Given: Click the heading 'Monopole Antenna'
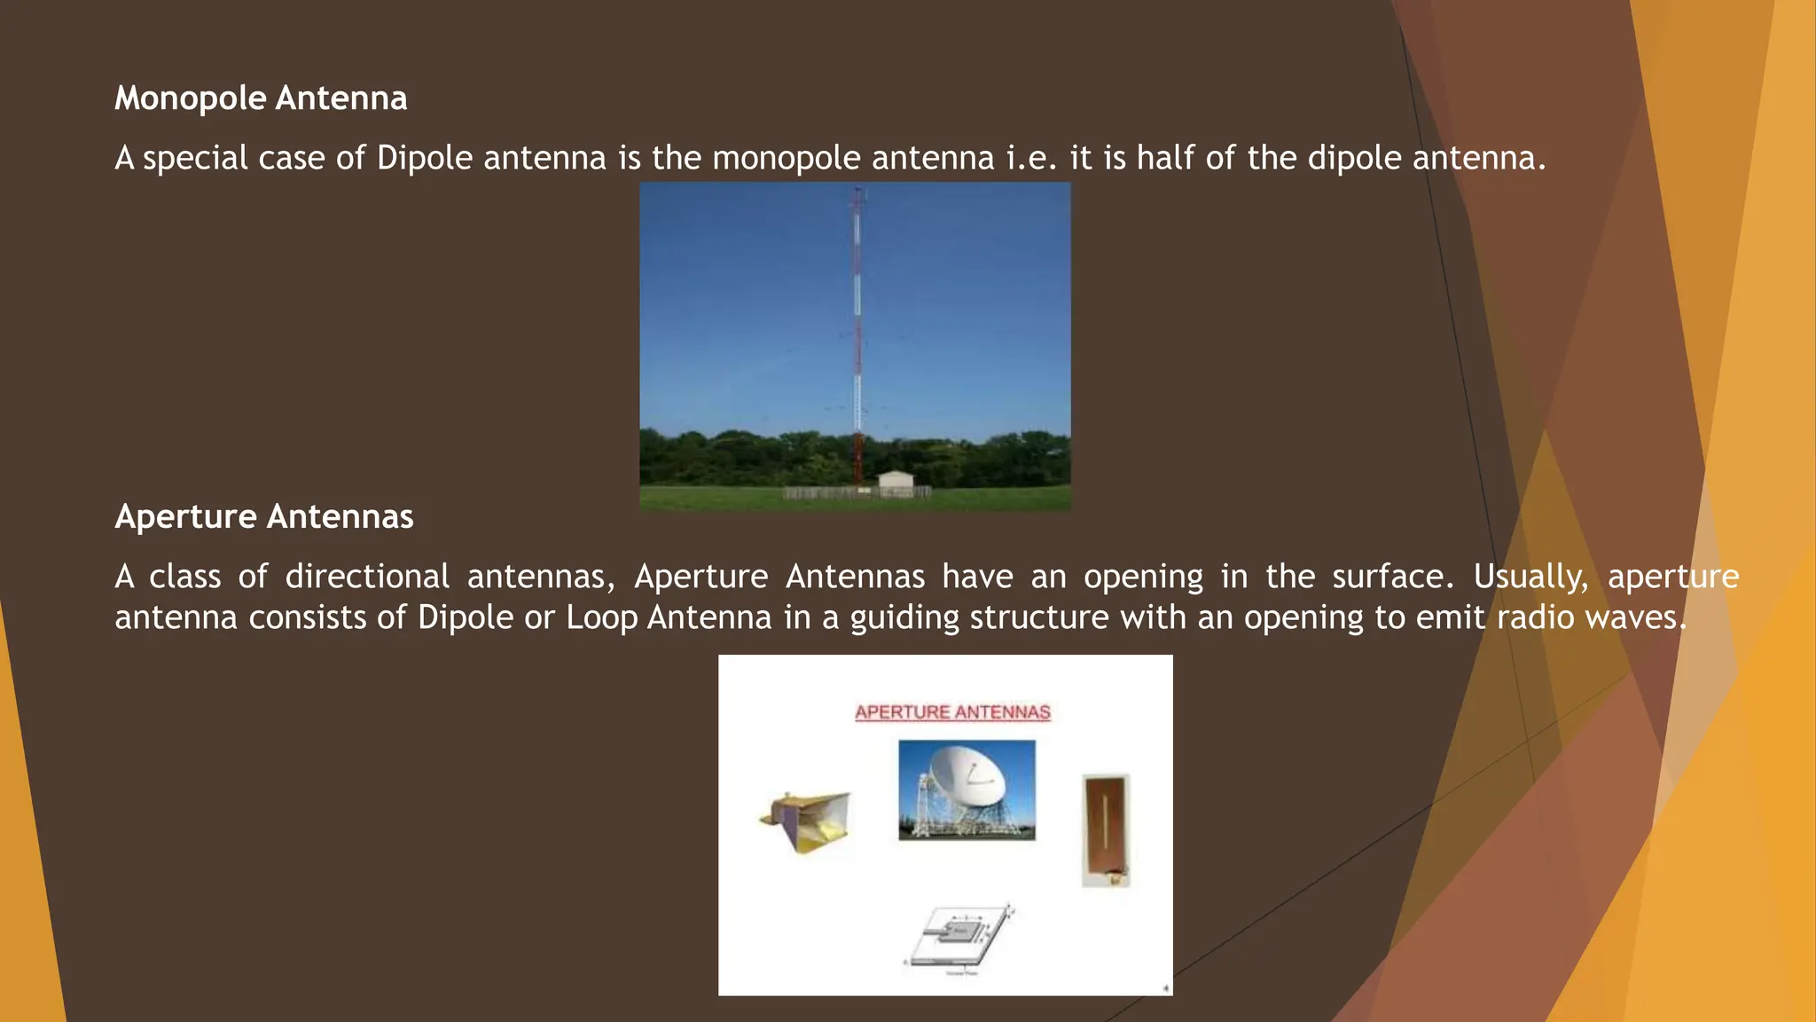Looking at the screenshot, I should click(x=261, y=98).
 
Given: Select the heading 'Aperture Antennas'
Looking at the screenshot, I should click(x=264, y=516).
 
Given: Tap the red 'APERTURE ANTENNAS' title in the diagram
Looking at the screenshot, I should click(x=952, y=712).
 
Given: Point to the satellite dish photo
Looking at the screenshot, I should click(x=967, y=790).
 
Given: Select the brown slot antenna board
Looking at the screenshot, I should click(x=1106, y=830).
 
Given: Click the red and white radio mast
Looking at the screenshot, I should click(x=857, y=337).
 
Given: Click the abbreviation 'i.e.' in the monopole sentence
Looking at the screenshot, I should click(x=1032, y=158).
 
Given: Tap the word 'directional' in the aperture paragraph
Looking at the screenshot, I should click(x=367, y=577).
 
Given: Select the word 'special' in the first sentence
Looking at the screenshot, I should click(x=195, y=158).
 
